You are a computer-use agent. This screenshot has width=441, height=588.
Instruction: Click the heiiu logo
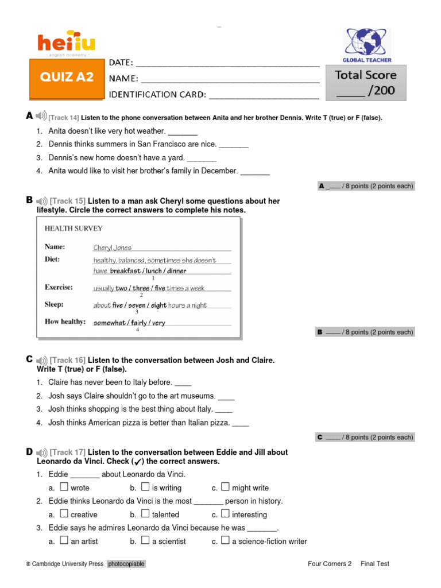pos(66,43)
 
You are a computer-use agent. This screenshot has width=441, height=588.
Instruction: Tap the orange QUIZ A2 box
pos(66,78)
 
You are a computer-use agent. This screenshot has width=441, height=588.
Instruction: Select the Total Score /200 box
pos(366,83)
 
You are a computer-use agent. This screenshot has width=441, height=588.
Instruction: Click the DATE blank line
pos(227,63)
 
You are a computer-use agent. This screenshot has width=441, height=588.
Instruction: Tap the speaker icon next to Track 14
pos(41,116)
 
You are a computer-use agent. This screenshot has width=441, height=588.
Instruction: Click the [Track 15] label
pos(68,201)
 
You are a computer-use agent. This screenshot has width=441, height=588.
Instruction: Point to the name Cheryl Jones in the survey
pos(113,248)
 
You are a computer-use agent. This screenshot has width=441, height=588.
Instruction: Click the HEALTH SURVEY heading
pos(73,228)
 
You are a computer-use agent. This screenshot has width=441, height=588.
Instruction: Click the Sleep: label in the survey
pos(54,304)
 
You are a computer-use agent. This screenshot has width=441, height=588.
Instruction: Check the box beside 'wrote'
pos(64,487)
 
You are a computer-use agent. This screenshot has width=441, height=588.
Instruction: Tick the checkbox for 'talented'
pos(145,513)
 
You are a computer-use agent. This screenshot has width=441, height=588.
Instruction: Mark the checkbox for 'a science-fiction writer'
pos(225,540)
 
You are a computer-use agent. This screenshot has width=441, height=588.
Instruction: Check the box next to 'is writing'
pos(145,487)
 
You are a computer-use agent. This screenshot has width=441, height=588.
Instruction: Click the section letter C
pos(29,359)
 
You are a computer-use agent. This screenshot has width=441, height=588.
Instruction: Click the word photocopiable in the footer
pos(126,564)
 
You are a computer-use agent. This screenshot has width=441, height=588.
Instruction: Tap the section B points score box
pos(365,332)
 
